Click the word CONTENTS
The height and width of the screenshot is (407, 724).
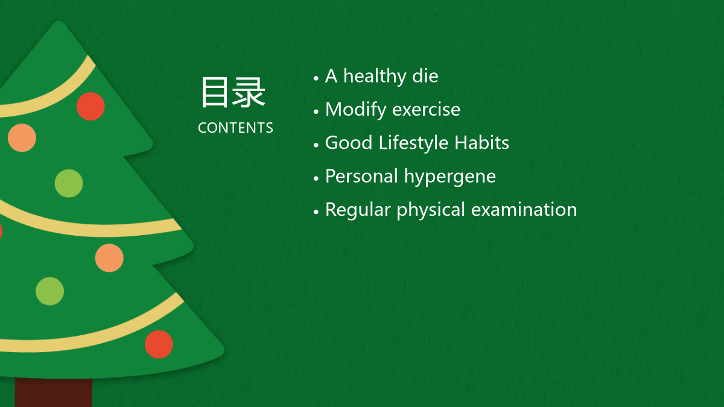pyautogui.click(x=235, y=128)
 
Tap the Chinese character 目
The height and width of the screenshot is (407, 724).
pyautogui.click(x=214, y=92)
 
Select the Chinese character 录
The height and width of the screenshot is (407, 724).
pyautogui.click(x=249, y=92)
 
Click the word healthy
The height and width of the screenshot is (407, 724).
pyautogui.click(x=375, y=77)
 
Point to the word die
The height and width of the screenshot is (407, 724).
pyautogui.click(x=425, y=76)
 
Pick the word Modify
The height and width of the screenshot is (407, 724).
pyautogui.click(x=355, y=110)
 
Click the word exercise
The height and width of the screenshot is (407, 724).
pyautogui.click(x=427, y=110)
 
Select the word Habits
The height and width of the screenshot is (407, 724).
pyautogui.click(x=481, y=142)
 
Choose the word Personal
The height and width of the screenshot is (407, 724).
pyautogui.click(x=361, y=176)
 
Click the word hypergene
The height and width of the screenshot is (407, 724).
pyautogui.click(x=449, y=177)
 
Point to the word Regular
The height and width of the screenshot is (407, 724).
pyautogui.click(x=358, y=210)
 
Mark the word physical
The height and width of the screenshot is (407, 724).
pyautogui.click(x=431, y=210)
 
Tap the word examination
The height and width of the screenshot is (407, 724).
pyautogui.click(x=524, y=209)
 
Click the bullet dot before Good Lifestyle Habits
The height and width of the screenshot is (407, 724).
pyautogui.click(x=316, y=145)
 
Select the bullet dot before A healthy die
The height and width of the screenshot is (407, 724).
pyautogui.click(x=316, y=78)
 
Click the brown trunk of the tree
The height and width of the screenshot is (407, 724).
pyautogui.click(x=53, y=392)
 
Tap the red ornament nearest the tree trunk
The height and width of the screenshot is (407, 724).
pyautogui.click(x=159, y=344)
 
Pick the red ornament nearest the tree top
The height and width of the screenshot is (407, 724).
pyautogui.click(x=91, y=106)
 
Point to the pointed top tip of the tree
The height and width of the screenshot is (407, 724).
pyautogui.click(x=59, y=22)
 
